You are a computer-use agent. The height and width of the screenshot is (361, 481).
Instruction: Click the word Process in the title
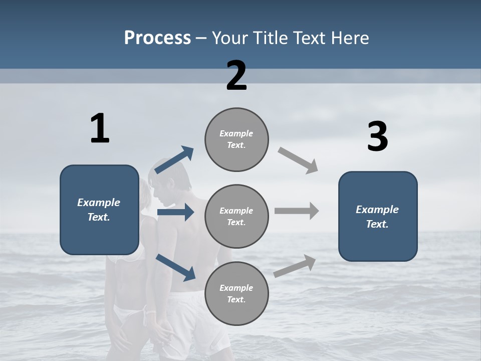(x=157, y=38)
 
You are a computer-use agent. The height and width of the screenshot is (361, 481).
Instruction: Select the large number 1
(x=100, y=129)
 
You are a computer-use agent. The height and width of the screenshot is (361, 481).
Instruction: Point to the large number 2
(x=236, y=76)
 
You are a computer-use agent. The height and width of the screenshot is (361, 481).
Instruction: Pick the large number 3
(x=377, y=137)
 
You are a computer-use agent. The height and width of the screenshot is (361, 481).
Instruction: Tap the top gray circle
(x=236, y=139)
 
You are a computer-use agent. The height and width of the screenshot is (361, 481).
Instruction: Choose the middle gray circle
(x=236, y=217)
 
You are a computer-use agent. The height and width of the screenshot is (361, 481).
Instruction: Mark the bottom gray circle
(x=236, y=294)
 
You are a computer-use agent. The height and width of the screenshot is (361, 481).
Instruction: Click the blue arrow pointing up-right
(x=174, y=160)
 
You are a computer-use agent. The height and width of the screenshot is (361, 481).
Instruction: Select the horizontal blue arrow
(x=175, y=213)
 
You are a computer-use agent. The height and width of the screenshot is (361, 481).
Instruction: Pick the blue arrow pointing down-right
(x=175, y=267)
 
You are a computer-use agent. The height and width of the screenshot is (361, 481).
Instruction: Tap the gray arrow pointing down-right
(x=298, y=160)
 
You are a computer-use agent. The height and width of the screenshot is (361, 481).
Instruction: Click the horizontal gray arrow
(x=297, y=211)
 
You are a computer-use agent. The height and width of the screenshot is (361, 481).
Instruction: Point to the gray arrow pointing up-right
(x=295, y=266)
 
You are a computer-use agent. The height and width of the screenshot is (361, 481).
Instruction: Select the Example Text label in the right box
(x=377, y=217)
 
